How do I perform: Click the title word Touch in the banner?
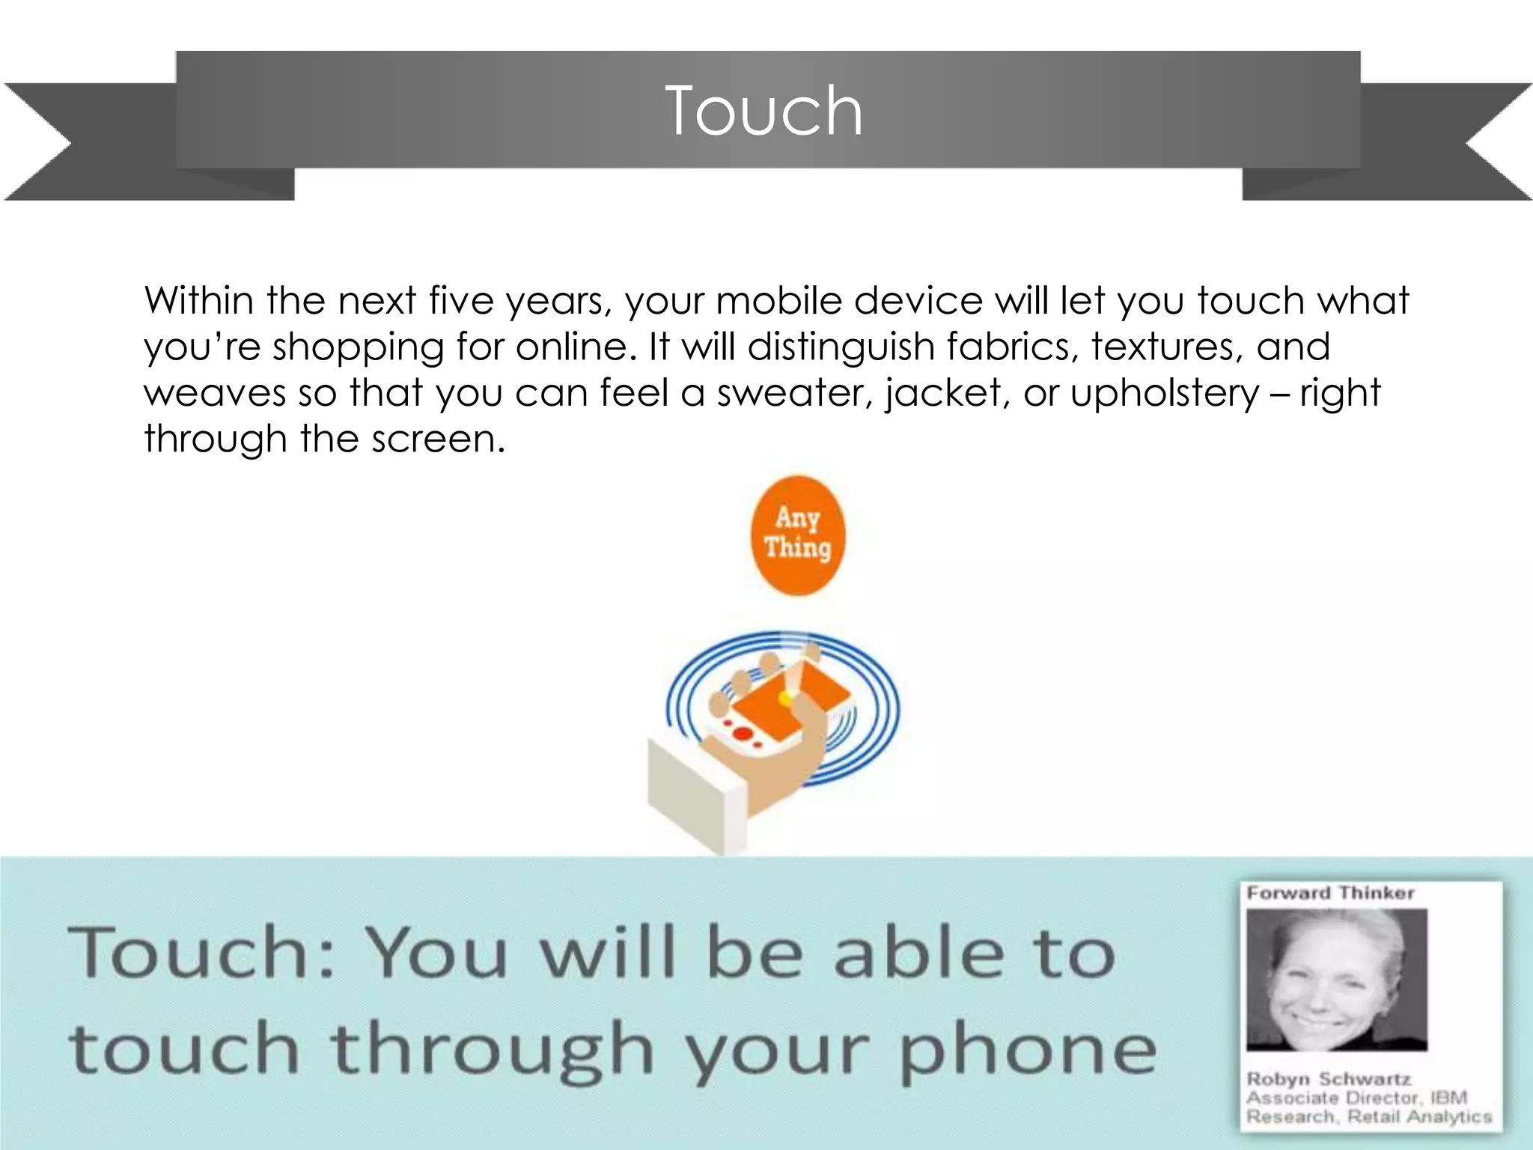click(764, 111)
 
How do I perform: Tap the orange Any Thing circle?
click(797, 535)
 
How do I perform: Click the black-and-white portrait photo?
click(1337, 979)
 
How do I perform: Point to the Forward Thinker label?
click(1330, 893)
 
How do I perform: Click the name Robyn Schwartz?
click(1329, 1079)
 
